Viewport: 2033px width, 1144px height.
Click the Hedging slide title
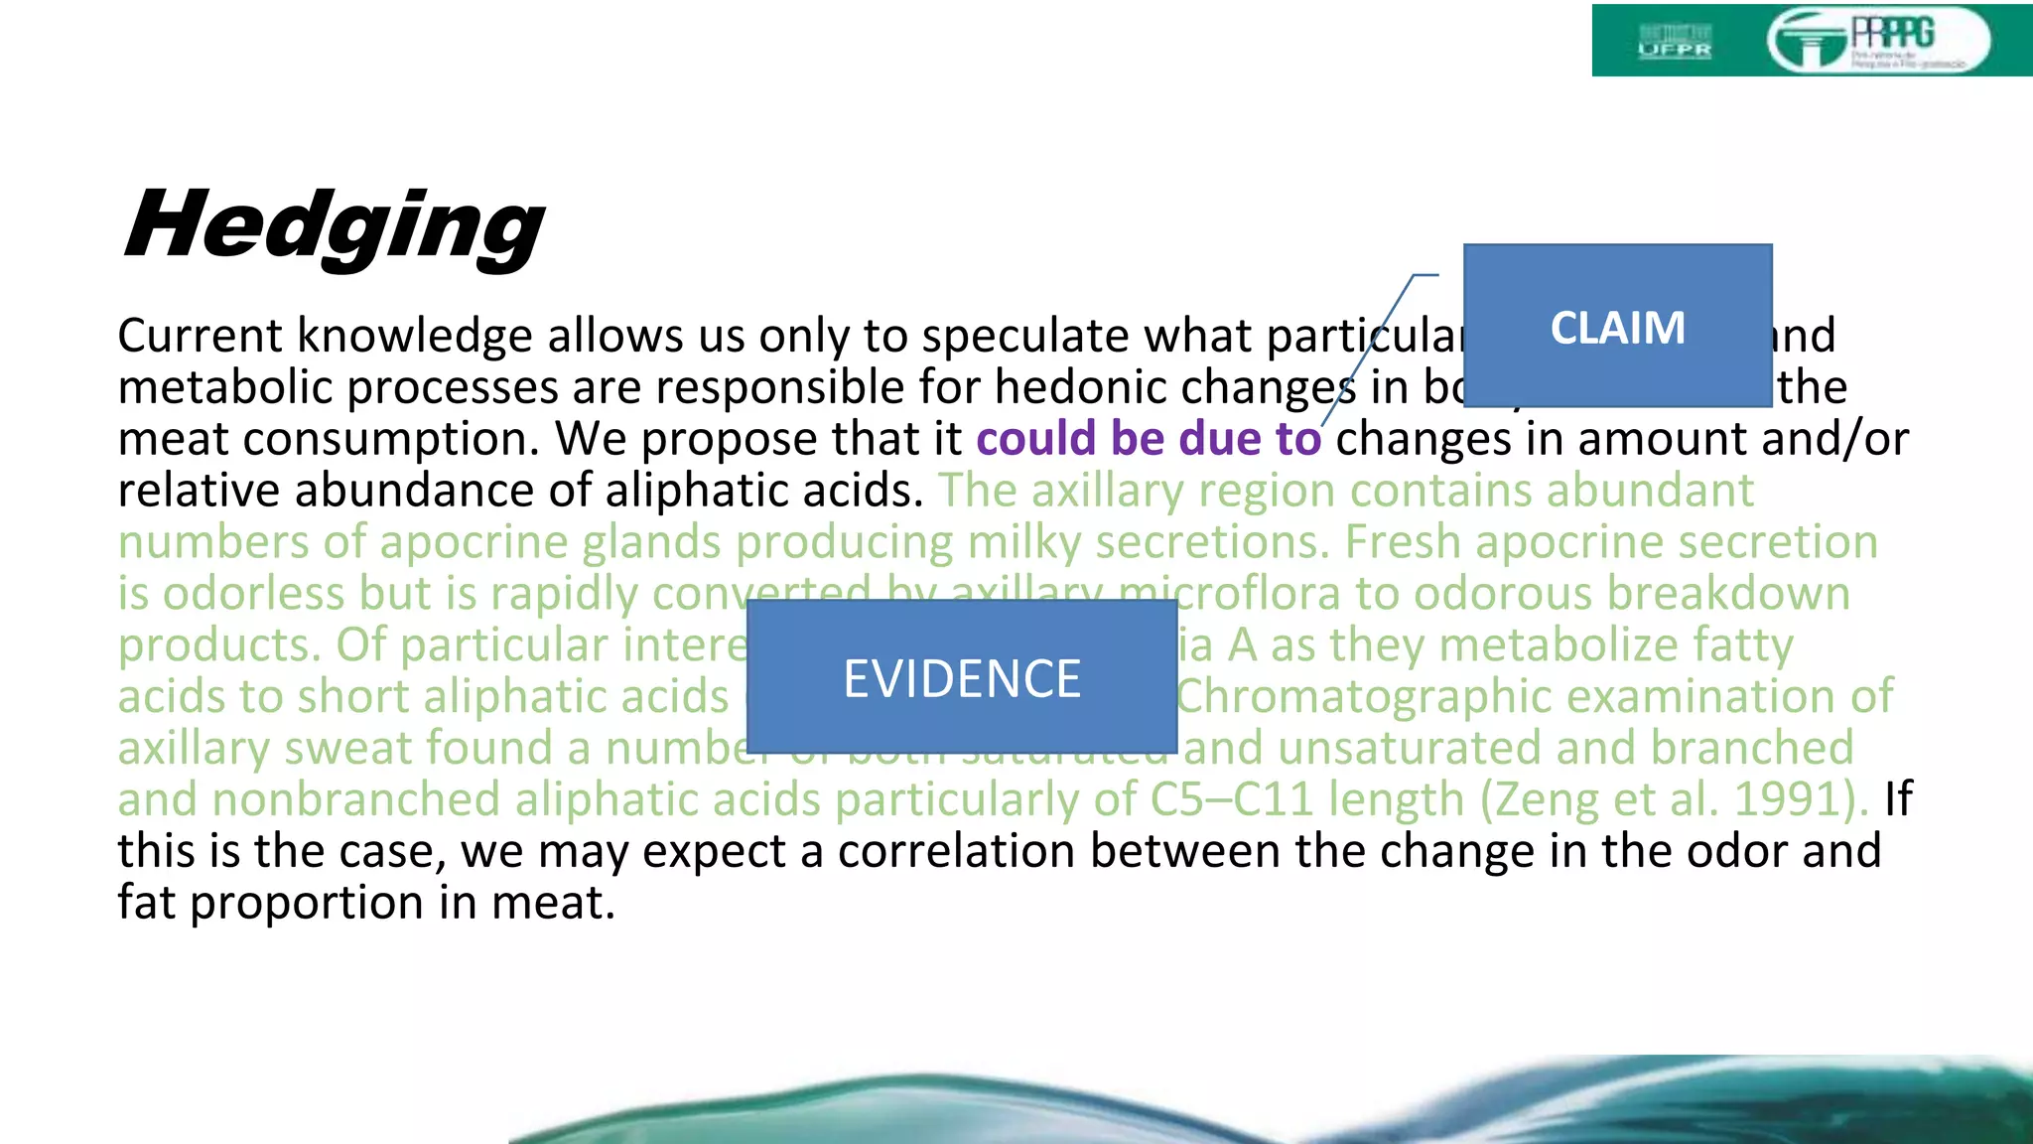334,226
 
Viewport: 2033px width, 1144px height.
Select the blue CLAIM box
1617,326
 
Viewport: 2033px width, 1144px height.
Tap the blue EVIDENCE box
961,677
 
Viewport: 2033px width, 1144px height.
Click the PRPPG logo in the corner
1877,41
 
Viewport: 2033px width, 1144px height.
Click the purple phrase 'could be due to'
1148,439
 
